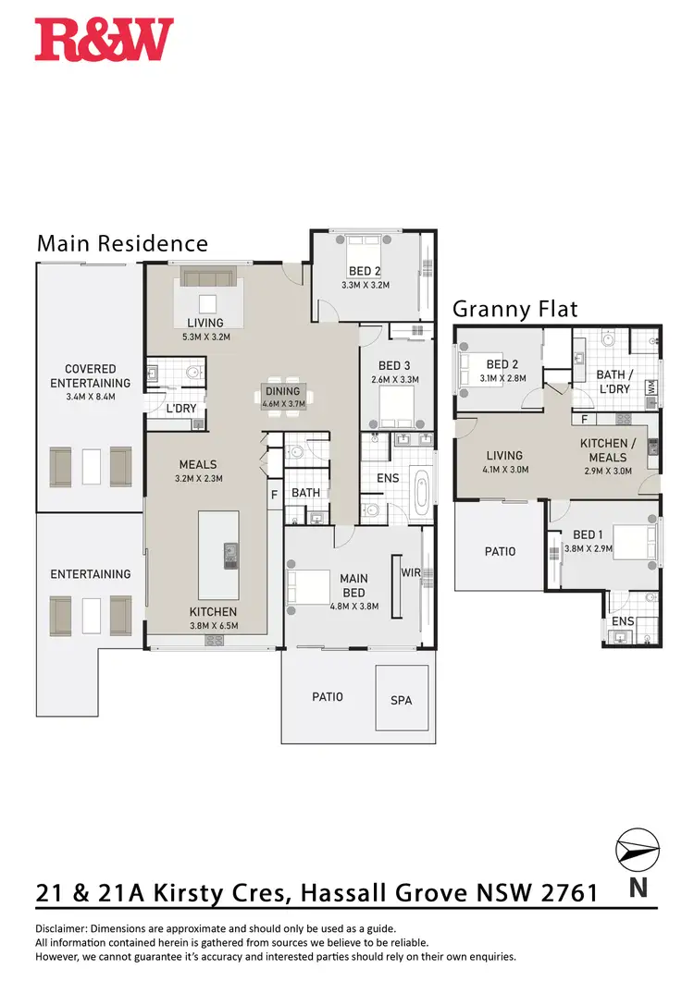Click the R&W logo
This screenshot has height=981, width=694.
[x=104, y=40]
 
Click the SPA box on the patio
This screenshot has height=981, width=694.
[x=401, y=700]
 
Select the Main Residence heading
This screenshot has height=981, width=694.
[x=122, y=243]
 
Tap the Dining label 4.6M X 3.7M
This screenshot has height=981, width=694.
[x=283, y=398]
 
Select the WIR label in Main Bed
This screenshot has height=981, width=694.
[x=411, y=573]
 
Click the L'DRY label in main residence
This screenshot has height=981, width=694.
[x=179, y=408]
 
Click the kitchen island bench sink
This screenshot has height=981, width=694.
[x=229, y=556]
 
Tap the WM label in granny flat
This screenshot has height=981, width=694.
[x=652, y=388]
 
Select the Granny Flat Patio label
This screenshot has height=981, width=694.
[x=500, y=552]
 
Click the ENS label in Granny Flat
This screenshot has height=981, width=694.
[x=623, y=621]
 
